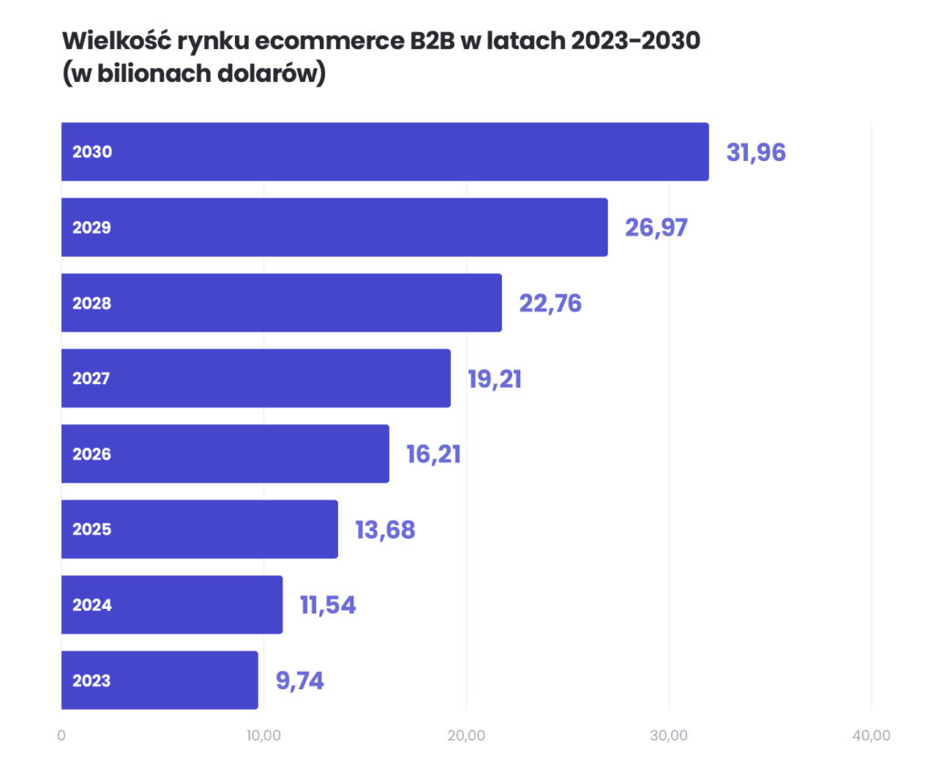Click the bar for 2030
point(384,152)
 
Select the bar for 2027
point(256,378)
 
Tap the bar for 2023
point(159,680)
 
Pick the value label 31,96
point(755,153)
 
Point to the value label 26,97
point(656,228)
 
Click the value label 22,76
point(550,303)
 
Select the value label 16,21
point(434,453)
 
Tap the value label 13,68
point(384,529)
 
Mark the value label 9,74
point(300,680)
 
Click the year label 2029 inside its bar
point(92,228)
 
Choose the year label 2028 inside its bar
point(92,303)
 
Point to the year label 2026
point(92,453)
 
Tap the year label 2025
point(92,529)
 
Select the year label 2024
point(92,604)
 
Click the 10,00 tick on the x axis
point(263,735)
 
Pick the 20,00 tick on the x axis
point(466,735)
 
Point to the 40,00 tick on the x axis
point(871,735)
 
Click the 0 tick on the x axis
point(61,735)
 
